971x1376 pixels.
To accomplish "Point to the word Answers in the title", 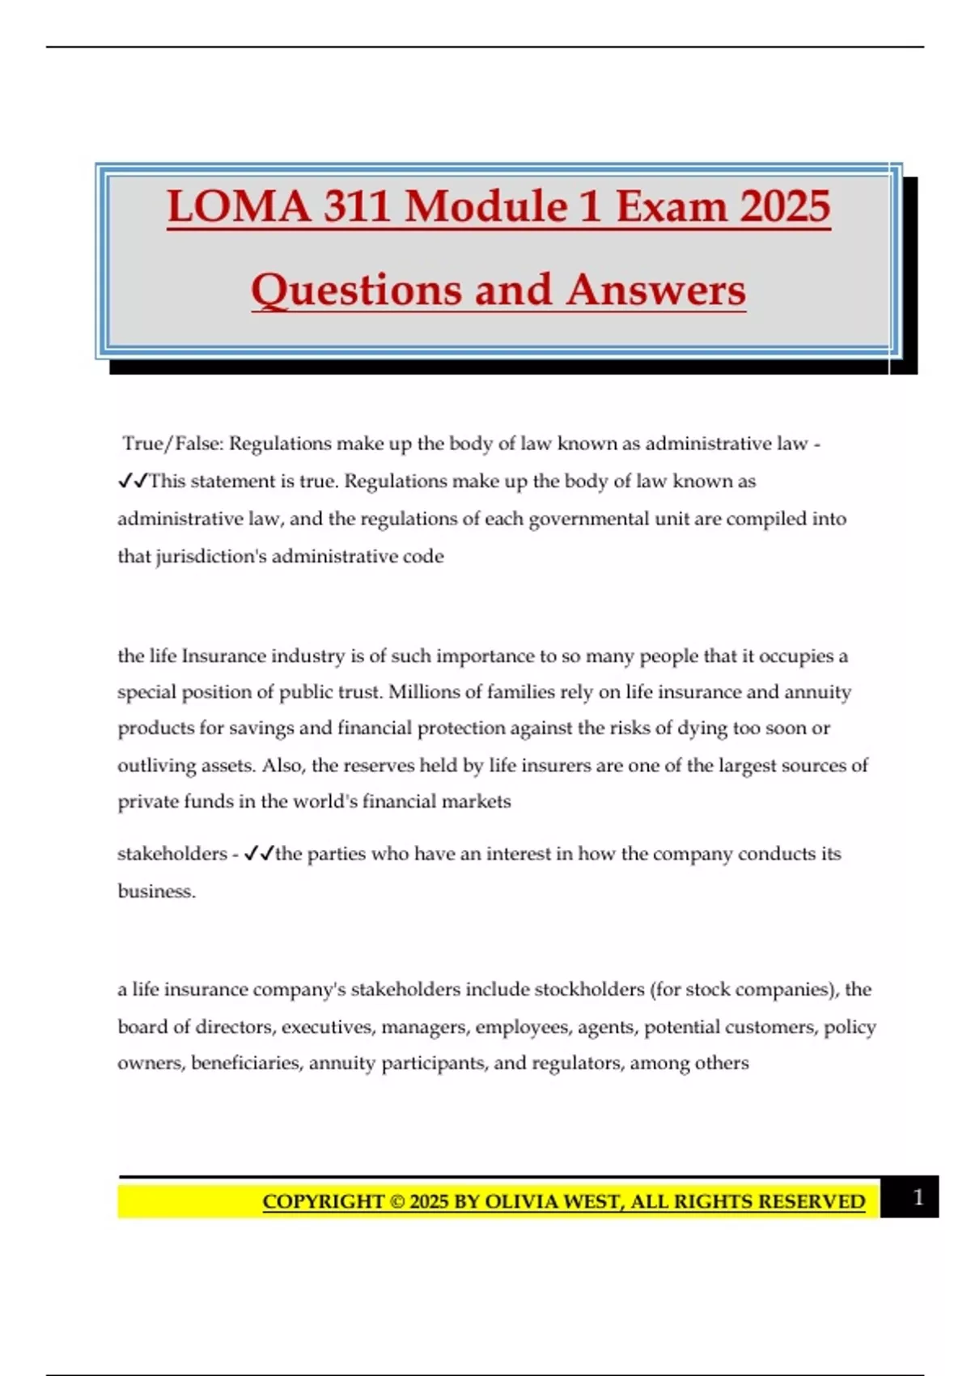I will tap(655, 290).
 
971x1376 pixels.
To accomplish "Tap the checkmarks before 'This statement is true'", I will tap(133, 481).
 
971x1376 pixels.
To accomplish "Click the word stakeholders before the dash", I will tap(172, 854).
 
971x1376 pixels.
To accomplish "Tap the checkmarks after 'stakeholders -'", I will tap(259, 853).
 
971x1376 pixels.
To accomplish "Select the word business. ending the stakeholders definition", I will tap(156, 891).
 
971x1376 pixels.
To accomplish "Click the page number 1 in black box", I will tap(918, 1197).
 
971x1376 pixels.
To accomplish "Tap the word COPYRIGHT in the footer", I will tap(323, 1202).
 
